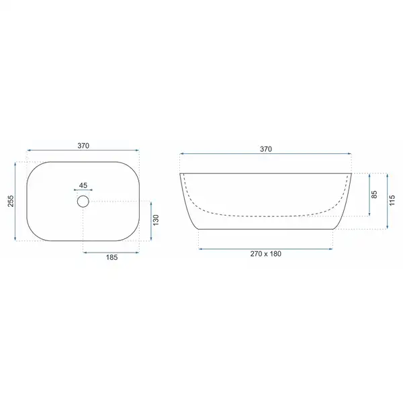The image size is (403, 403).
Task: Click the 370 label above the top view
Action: pos(83,146)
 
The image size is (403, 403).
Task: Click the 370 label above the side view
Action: pos(266,149)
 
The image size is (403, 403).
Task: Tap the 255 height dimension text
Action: pos(11,201)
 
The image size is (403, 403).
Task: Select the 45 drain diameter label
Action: pos(83,185)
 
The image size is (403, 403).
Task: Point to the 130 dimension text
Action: pos(156,220)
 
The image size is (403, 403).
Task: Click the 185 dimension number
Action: pos(111,257)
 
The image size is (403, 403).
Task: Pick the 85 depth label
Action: pos(374,194)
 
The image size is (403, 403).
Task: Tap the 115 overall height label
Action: pos(392,200)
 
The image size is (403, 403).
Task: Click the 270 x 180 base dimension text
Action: pos(266,254)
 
